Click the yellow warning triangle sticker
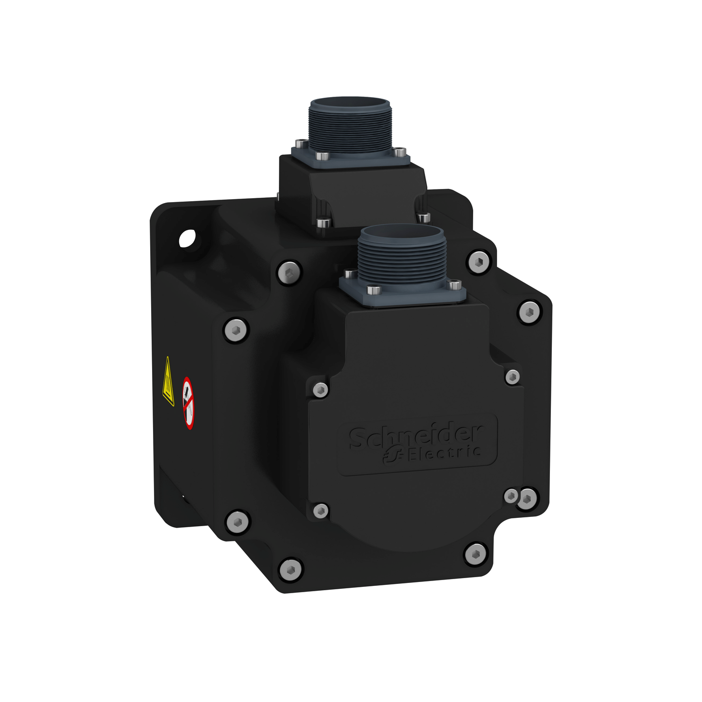(168, 383)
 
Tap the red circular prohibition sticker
(188, 403)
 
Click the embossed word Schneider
(415, 435)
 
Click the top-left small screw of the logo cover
(320, 389)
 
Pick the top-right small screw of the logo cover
(512, 377)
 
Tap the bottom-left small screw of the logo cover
(321, 510)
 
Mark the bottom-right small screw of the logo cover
(511, 496)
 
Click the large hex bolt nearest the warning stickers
(236, 330)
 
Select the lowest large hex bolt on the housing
(290, 568)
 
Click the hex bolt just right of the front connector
(479, 262)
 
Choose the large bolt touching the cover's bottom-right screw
(528, 498)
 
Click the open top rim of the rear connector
(342, 103)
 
